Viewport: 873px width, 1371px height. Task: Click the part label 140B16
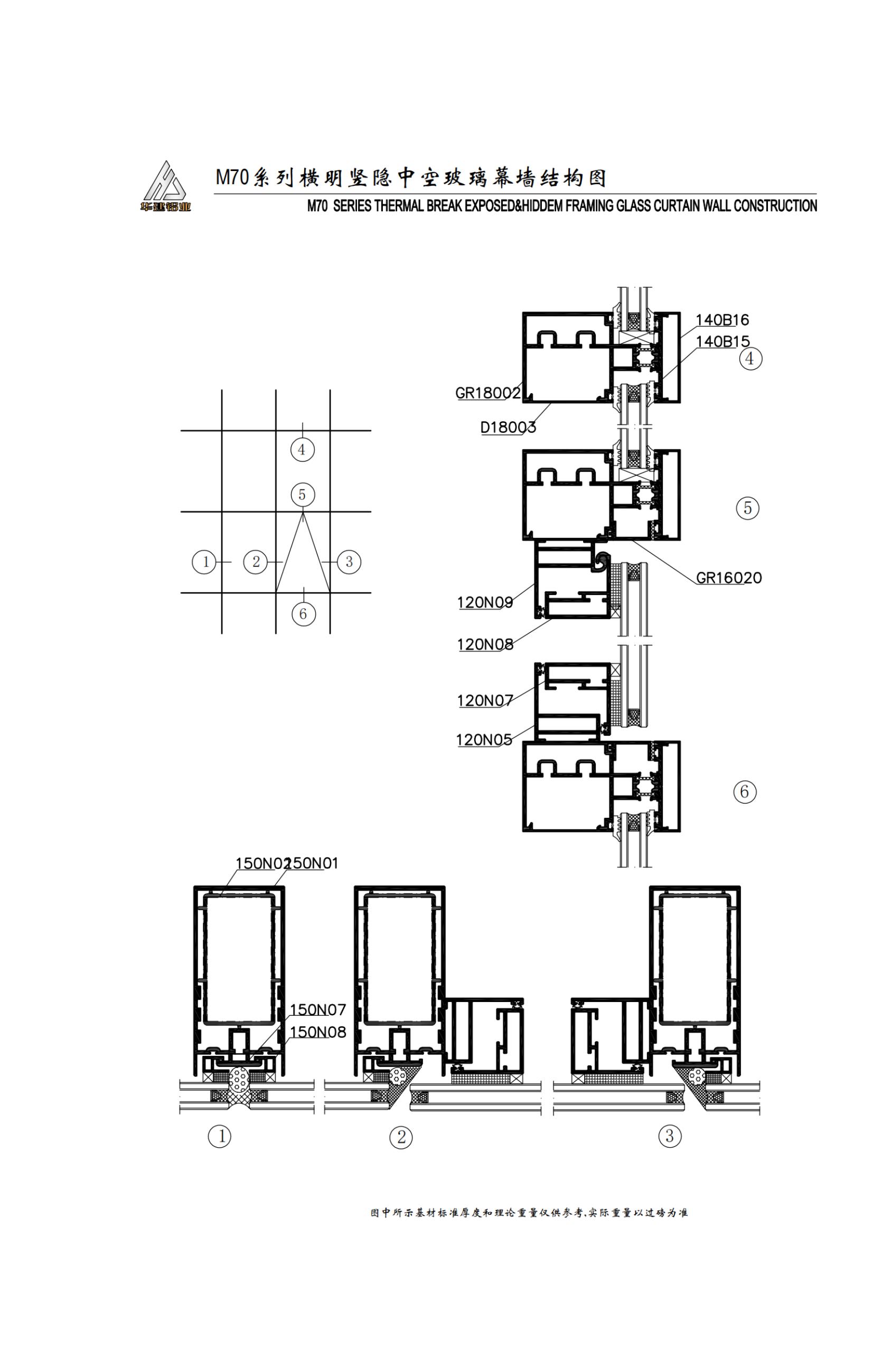722,320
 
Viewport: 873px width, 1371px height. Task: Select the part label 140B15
722,342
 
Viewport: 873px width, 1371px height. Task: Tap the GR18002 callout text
488,393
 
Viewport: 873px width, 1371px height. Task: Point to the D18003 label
508,427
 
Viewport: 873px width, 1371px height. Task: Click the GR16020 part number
729,578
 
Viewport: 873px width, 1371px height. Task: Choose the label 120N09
485,602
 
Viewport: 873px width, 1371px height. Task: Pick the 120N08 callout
485,645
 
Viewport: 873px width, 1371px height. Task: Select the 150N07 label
318,1010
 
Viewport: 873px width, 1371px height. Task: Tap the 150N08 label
318,1032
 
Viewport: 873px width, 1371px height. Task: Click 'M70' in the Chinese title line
232,177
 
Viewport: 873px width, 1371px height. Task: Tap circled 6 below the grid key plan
303,614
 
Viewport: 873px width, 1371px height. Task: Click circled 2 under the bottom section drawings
401,1138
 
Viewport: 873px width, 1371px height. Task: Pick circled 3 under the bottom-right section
670,1137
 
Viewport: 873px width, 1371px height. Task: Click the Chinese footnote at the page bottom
530,1213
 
